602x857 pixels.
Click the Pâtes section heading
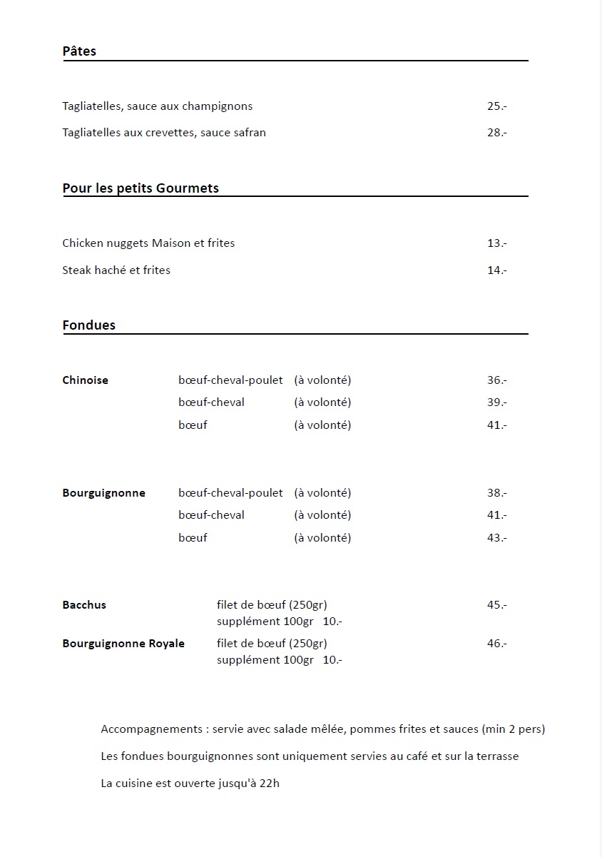click(x=79, y=51)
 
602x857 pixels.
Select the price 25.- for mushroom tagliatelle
click(x=496, y=106)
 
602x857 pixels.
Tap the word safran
click(x=250, y=133)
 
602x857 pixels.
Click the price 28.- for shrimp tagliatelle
click(x=496, y=133)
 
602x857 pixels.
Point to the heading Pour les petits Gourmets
click(x=141, y=188)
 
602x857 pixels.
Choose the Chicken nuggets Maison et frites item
click(x=148, y=243)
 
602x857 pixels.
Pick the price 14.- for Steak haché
click(x=496, y=270)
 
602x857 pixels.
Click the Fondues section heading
click(x=89, y=325)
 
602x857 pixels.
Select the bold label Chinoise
click(x=86, y=380)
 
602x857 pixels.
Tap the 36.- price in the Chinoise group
click(x=496, y=380)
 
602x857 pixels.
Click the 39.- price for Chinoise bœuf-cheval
click(x=496, y=402)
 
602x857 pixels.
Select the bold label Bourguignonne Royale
click(x=123, y=644)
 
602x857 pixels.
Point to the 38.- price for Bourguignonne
click(x=496, y=493)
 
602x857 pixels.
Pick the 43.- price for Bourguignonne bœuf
click(x=496, y=538)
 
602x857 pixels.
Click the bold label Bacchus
click(x=84, y=605)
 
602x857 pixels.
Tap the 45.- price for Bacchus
click(x=496, y=605)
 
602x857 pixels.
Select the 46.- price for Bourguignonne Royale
click(x=496, y=644)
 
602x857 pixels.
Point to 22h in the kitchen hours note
click(x=270, y=784)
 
